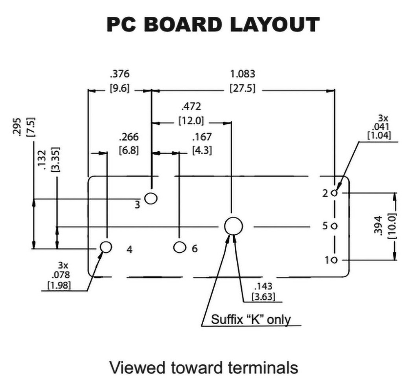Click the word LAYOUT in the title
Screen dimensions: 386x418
[275, 25]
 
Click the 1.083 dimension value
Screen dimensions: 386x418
[242, 74]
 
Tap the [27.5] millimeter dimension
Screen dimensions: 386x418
[242, 88]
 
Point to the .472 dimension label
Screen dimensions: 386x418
[191, 107]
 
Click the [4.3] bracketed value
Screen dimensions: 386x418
[202, 150]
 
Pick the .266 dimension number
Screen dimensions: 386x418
[129, 137]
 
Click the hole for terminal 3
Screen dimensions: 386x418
[151, 198]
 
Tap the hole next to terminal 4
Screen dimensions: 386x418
[106, 247]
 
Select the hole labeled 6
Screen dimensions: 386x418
[179, 247]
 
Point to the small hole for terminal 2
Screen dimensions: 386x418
[335, 193]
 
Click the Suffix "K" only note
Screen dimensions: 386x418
[251, 319]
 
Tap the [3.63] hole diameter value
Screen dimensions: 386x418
[263, 297]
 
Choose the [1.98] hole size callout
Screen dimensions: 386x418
[59, 285]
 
